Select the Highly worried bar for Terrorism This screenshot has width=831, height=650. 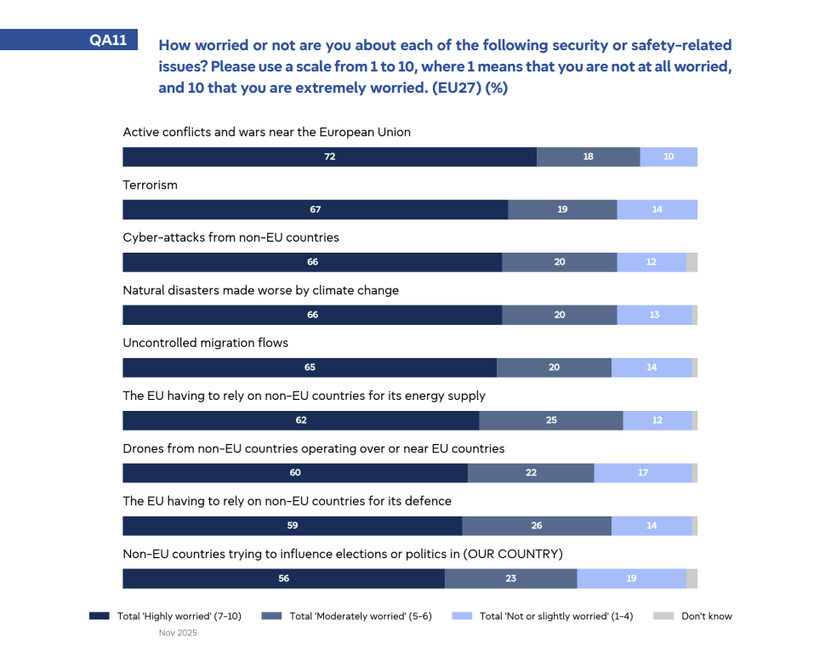pos(315,209)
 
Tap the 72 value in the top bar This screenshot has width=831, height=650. pos(329,157)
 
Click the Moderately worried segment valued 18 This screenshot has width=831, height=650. pos(588,157)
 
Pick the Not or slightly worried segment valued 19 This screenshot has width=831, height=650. pos(631,579)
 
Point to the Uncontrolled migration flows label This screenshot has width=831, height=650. pos(206,343)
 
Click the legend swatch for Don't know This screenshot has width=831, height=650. pos(663,616)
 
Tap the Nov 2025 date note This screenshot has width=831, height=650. pos(178,633)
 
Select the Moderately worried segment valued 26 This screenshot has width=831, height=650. pos(536,526)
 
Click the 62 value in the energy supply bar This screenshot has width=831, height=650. pos(301,420)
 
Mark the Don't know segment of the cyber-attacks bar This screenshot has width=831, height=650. pos(692,262)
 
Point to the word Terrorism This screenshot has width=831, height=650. pos(151,185)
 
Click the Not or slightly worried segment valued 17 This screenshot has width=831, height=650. pos(643,473)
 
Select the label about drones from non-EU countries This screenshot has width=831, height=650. pos(314,448)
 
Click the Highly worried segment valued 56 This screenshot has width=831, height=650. pos(283,579)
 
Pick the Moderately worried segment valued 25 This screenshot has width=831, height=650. pos(550,420)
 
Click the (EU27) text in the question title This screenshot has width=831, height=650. pos(451,88)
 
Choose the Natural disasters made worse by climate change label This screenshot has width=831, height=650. pos(261,290)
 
